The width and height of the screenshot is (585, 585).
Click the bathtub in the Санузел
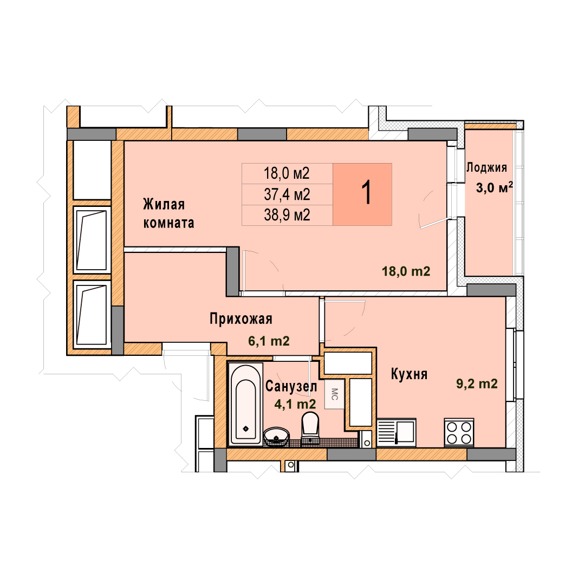[245, 405]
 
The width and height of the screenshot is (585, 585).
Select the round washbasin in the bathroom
[276, 437]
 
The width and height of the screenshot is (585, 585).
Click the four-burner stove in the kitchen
[459, 432]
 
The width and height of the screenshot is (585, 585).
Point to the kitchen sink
[396, 432]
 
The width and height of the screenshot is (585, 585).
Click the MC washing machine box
[334, 394]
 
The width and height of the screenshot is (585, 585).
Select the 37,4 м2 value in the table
[287, 194]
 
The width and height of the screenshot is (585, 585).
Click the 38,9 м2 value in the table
[287, 215]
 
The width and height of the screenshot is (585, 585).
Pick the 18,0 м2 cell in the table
[287, 173]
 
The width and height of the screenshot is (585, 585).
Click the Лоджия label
[486, 167]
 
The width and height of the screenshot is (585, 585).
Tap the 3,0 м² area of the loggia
[495, 187]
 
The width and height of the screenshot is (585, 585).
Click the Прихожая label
[241, 319]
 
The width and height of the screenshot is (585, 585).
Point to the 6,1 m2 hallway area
[269, 341]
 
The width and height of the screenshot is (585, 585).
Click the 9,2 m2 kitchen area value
[477, 383]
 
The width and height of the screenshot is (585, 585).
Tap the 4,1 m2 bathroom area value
[295, 404]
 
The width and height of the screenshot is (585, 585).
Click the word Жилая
[164, 204]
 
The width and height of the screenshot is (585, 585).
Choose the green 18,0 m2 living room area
[406, 271]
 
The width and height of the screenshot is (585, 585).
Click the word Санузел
[291, 387]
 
